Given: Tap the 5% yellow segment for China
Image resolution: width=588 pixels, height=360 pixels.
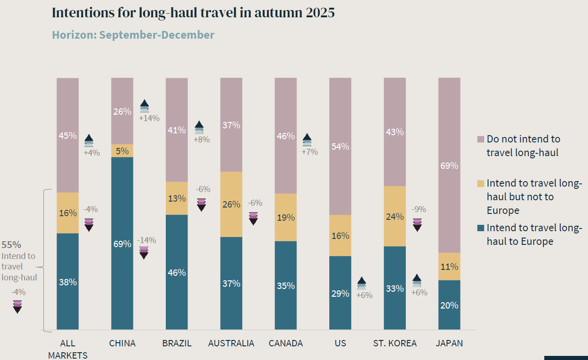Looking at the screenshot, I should click(x=122, y=151).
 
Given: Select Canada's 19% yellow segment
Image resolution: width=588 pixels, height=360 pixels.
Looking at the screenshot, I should click(x=286, y=217).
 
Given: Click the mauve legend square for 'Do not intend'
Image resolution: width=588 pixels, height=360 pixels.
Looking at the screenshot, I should click(x=481, y=139).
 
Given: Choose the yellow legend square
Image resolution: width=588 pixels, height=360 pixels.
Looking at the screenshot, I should click(x=481, y=183).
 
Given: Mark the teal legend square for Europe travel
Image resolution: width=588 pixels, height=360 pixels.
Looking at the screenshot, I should click(x=481, y=228).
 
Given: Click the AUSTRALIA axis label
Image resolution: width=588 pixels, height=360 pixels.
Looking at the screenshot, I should click(x=231, y=343).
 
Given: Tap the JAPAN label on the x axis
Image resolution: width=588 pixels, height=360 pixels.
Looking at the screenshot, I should click(x=449, y=343).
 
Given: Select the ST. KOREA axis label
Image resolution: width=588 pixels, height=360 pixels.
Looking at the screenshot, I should click(x=394, y=343).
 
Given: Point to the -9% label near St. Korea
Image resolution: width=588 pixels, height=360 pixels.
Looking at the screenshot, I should click(x=419, y=209).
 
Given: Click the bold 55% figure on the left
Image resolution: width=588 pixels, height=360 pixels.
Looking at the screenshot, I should click(x=11, y=244).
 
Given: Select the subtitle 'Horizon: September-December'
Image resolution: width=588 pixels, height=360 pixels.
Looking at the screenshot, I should click(x=133, y=35).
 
